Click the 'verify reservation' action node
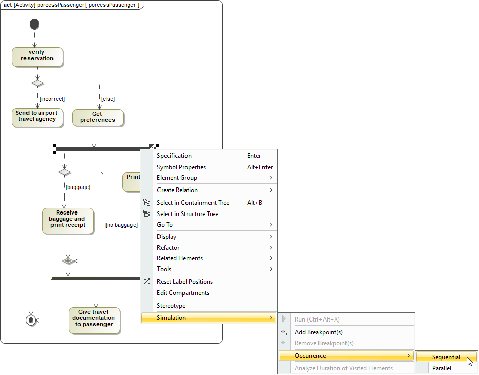point(37,57)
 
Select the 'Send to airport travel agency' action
point(37,117)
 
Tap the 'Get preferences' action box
point(97,118)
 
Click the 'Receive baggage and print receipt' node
point(67,220)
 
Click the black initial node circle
point(34,24)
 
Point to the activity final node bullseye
point(31,320)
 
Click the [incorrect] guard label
point(52,99)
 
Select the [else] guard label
point(108,99)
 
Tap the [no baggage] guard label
point(121,225)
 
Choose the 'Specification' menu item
point(174,156)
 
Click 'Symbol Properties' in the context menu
point(181,167)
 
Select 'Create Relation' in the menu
point(177,190)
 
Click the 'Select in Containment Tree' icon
point(147,203)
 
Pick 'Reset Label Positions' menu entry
point(185,282)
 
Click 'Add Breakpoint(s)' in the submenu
point(318,332)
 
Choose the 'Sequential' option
point(446,357)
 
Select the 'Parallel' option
point(442,368)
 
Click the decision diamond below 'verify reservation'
point(38,83)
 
